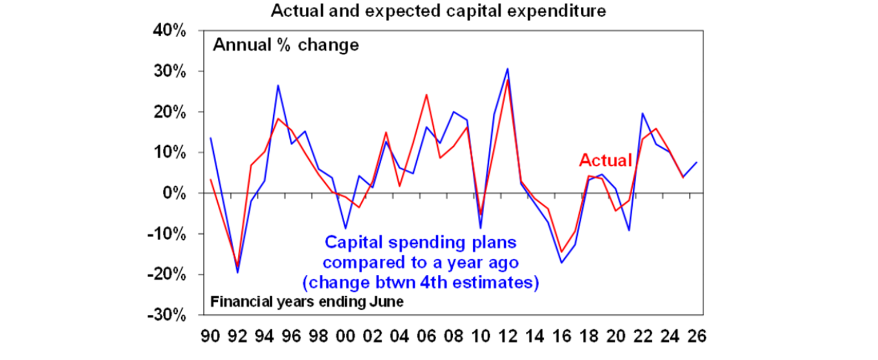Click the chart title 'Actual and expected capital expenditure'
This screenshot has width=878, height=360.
click(x=438, y=11)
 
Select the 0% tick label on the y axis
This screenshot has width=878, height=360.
click(x=175, y=194)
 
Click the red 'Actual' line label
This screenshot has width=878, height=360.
click(x=606, y=161)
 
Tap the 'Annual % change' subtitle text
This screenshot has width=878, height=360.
click(x=286, y=45)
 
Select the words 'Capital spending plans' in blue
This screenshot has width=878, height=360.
click(x=420, y=242)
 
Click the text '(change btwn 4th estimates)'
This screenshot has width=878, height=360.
click(x=420, y=283)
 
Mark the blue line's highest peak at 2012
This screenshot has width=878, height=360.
click(x=507, y=69)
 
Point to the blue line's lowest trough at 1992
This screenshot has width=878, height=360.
click(x=238, y=273)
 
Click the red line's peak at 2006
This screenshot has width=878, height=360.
click(x=426, y=94)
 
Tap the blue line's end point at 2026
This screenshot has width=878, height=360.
click(x=696, y=162)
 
